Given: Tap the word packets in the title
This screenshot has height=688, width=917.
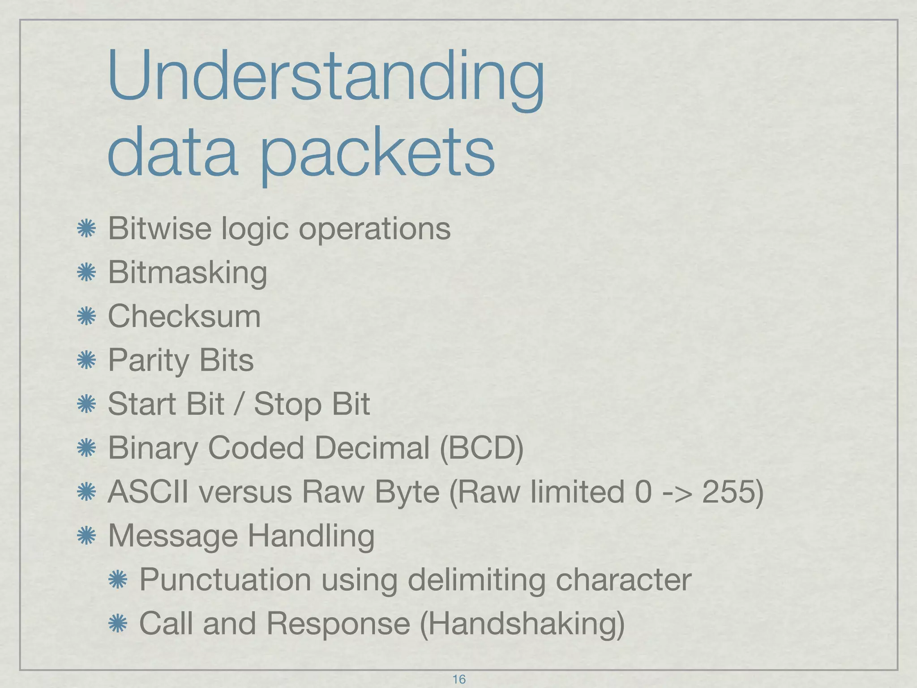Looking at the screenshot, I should coord(377,152).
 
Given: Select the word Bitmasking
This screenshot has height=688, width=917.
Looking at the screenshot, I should coord(188,272).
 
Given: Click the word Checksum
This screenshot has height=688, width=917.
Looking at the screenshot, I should coord(184,316).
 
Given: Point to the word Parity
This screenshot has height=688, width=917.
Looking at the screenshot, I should coord(149,360).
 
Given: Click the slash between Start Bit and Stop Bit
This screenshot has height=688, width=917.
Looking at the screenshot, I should coord(239,404).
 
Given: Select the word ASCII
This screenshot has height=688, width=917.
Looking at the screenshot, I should coord(148,491).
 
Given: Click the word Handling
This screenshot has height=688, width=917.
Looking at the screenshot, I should coord(311,535).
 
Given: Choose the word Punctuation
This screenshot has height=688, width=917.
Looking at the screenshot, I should coord(225,579).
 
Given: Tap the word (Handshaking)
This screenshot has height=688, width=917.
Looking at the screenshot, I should coord(522,623).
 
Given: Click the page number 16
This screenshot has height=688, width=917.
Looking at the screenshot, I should coord(459,679).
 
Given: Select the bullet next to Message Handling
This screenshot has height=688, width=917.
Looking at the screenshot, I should coord(86,536).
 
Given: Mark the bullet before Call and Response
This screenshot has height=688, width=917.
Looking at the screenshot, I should coord(118,624).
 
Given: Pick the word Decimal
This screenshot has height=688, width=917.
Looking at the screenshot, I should coord(372,447).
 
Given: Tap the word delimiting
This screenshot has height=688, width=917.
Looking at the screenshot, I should coord(476,579).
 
